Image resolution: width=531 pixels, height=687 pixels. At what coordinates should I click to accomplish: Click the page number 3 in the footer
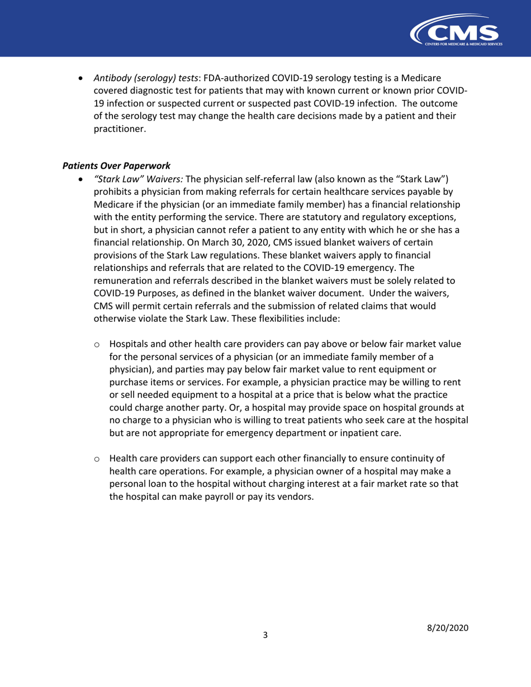pos(265,634)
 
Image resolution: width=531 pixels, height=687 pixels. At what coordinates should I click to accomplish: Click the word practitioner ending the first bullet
pos(118,129)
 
